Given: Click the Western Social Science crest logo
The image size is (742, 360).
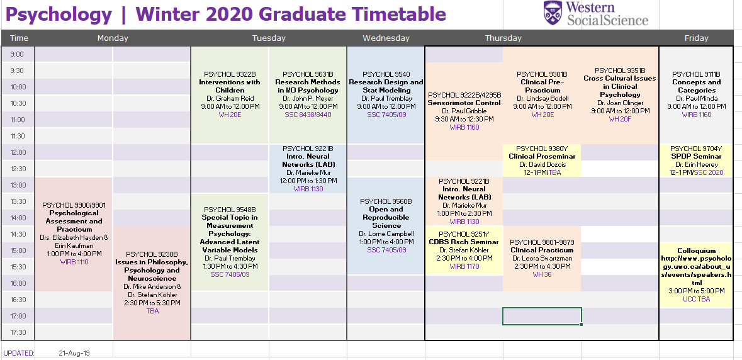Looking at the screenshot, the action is pos(552,13).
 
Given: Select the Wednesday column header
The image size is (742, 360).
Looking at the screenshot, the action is pos(386,38).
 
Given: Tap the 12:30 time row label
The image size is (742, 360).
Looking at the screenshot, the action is pos(17,169).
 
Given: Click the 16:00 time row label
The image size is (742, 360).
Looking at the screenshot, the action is pos(18,283).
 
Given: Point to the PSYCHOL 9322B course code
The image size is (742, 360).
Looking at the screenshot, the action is pos(230,74).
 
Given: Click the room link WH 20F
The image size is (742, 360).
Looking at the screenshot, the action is pos(620,119).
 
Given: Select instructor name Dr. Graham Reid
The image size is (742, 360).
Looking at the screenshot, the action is pos(230,98).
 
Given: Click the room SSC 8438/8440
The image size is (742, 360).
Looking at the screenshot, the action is pos(308,115).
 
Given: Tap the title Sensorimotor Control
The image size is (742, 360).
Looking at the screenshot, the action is pos(464,103).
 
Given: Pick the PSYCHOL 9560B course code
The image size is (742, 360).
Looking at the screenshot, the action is pos(386,201).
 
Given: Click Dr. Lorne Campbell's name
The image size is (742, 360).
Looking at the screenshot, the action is pos(386,233).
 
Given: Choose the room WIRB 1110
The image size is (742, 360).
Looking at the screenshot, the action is pos(74,262).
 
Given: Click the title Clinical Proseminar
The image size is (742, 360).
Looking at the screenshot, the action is pos(542,157).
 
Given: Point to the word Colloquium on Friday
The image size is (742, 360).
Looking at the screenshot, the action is pos(697,250).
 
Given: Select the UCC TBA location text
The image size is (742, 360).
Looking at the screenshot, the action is pos(697,299).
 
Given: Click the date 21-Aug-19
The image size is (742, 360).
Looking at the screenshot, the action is pos(74,353).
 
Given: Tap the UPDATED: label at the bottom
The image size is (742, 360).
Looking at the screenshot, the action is pos(19,353).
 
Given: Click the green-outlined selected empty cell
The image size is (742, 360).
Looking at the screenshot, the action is pos(542,316).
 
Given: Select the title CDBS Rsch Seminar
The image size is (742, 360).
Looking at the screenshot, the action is pos(464,242).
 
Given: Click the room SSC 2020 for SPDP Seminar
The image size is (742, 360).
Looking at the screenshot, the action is pos(709,172).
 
